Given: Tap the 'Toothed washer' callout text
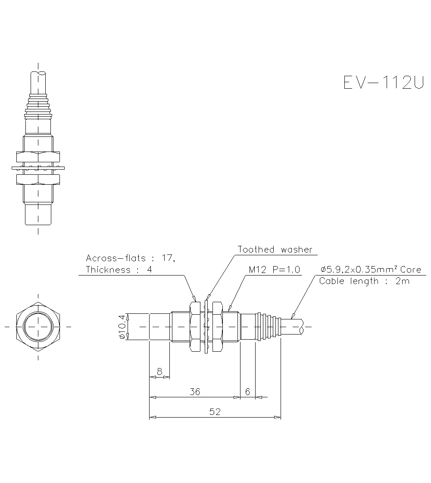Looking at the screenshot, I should point(275,250).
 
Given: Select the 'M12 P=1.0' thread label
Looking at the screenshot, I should point(275,270).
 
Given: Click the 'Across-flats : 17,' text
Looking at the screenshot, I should point(130,258).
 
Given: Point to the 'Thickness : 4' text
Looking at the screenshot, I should point(119,270).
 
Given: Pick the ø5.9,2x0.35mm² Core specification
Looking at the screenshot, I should point(370,270).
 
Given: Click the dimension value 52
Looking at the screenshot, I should point(215,412).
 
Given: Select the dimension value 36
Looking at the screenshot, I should point(195,392).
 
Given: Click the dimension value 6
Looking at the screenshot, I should point(247,392).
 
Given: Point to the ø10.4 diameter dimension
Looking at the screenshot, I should point(122,327).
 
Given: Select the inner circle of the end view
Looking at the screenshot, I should point(38,327).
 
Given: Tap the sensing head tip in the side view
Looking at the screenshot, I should point(159,327).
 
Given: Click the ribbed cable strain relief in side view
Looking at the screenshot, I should point(268,327).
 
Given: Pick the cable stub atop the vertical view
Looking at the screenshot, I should point(38,82).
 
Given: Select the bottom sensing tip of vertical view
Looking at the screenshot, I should point(38,214).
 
